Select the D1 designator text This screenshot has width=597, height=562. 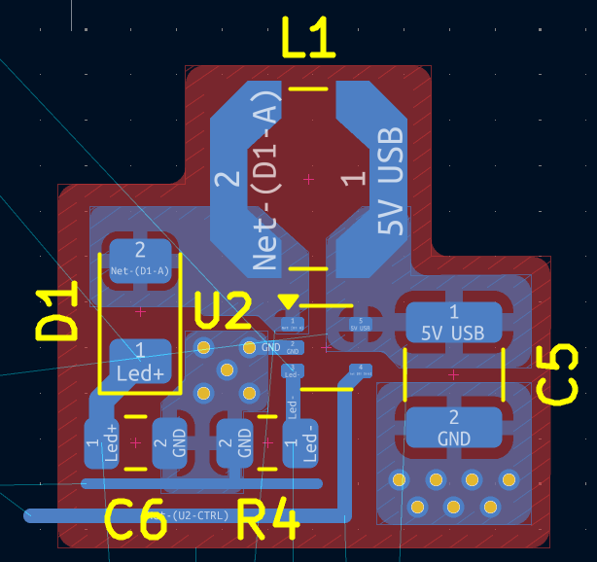[57, 312]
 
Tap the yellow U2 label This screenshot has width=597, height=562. [224, 311]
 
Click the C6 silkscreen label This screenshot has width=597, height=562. [135, 522]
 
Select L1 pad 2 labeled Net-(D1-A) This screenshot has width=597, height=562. [248, 180]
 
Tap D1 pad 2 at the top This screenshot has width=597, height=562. [140, 259]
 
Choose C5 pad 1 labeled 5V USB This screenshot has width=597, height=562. [453, 323]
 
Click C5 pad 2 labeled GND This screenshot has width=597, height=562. [453, 428]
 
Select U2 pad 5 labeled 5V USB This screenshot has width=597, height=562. [361, 324]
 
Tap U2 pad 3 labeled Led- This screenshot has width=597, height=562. [292, 369]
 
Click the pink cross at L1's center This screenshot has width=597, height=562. [309, 179]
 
